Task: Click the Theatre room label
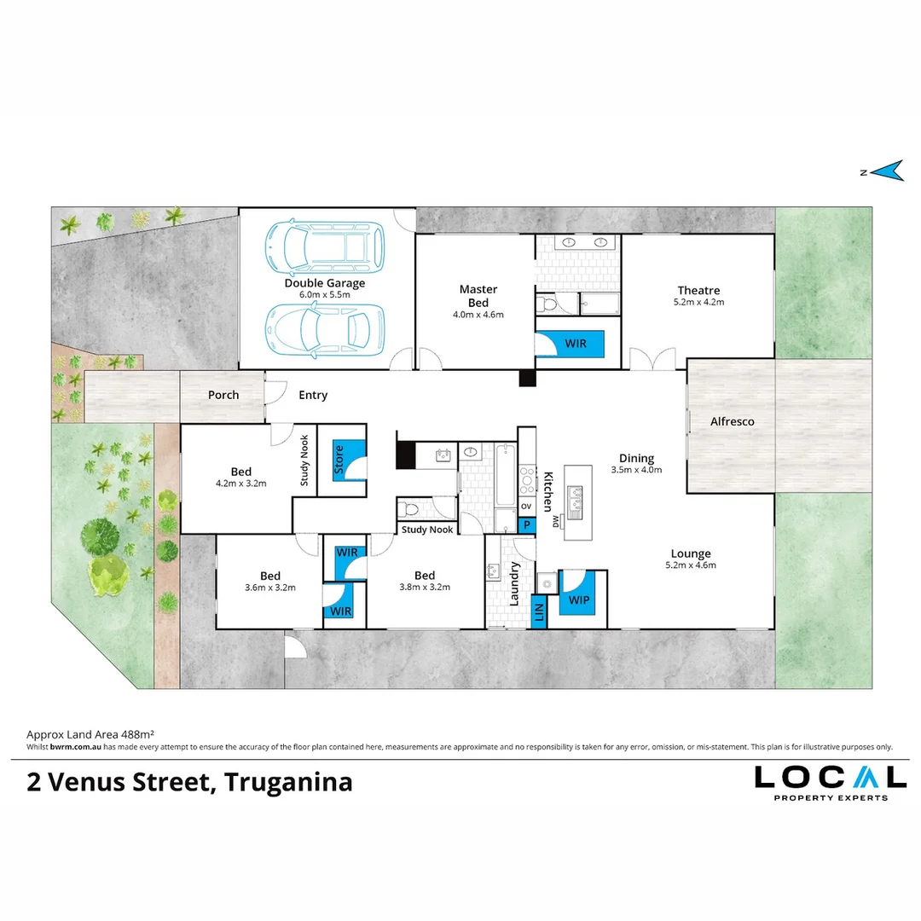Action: pos(698,290)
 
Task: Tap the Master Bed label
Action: pos(478,296)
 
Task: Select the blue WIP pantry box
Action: pos(577,594)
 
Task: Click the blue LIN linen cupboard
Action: pos(539,612)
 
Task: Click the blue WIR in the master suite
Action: pos(570,344)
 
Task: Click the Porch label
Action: pos(223,395)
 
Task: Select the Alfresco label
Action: pos(732,421)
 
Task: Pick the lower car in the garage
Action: pos(324,329)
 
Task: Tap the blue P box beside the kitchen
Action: pos(527,525)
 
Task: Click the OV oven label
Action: pos(526,506)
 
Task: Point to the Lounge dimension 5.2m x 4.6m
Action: pos(691,565)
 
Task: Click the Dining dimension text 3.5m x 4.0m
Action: pos(636,470)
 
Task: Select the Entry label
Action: pos(313,395)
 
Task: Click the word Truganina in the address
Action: pos(288,782)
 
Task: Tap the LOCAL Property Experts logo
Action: pos(831,782)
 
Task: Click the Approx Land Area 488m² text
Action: pos(90,734)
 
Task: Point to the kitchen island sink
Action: pos(574,502)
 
